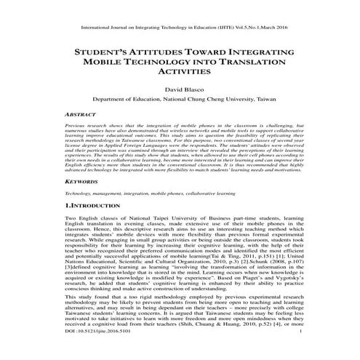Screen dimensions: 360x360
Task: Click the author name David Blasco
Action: [x=180, y=92]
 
